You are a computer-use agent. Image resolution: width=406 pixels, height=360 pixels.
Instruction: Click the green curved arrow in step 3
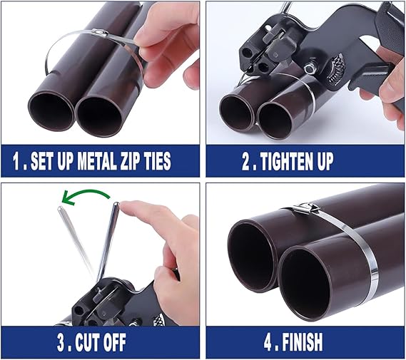point(86,193)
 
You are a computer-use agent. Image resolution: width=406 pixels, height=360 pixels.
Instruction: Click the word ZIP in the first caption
point(131,161)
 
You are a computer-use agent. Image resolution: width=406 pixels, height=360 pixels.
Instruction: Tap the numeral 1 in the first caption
point(16,161)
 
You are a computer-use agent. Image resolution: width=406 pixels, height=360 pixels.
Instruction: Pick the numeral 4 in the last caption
point(268,342)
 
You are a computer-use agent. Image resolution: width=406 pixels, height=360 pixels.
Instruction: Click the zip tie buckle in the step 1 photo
point(100,32)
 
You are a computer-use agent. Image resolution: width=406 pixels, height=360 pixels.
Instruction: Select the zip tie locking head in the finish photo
point(306,209)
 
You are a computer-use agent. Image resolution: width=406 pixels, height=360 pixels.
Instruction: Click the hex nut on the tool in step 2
point(310,69)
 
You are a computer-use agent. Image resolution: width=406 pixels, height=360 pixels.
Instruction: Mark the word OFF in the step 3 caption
point(113,342)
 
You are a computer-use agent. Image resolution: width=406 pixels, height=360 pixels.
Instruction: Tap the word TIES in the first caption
point(158,161)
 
